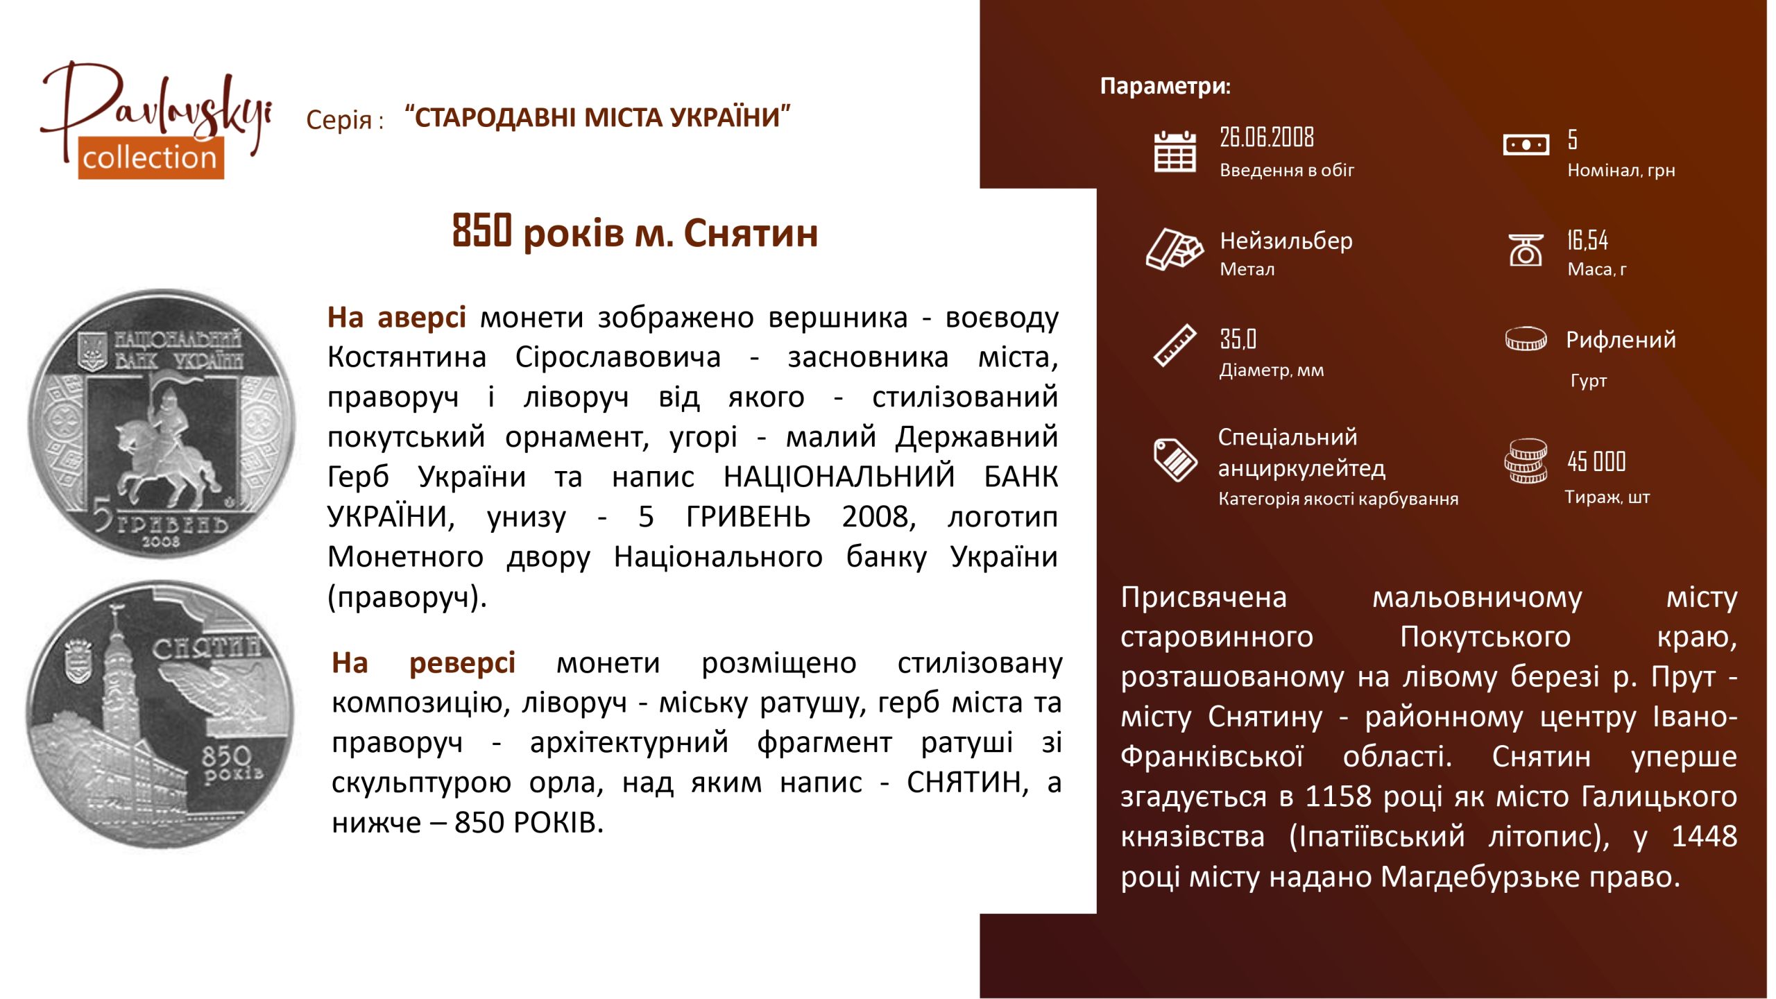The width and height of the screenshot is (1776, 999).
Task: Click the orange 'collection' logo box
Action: [151, 157]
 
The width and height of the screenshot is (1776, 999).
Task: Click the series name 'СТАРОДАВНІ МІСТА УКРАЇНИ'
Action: [598, 117]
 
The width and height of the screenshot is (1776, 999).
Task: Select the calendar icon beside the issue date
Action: [1175, 151]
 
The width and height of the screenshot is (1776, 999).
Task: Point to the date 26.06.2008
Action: [1267, 137]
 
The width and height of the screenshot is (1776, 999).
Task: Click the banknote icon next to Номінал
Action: [1526, 145]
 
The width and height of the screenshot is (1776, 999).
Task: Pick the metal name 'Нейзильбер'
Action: [1286, 241]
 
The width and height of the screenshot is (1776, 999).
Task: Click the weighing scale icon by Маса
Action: [1526, 250]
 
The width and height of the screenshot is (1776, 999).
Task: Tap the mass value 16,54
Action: [1587, 240]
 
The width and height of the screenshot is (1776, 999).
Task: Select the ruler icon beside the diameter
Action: [1175, 345]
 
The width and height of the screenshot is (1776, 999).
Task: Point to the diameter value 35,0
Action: [1238, 339]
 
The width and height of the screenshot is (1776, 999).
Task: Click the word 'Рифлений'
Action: [1621, 339]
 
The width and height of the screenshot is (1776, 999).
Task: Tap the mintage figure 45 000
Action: [1596, 461]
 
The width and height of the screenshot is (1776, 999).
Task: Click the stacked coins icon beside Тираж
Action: [1526, 461]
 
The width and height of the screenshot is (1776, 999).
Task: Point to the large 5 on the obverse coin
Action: [103, 518]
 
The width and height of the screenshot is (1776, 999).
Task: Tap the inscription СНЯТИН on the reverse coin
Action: [207, 649]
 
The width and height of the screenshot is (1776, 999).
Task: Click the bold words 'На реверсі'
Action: [423, 663]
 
